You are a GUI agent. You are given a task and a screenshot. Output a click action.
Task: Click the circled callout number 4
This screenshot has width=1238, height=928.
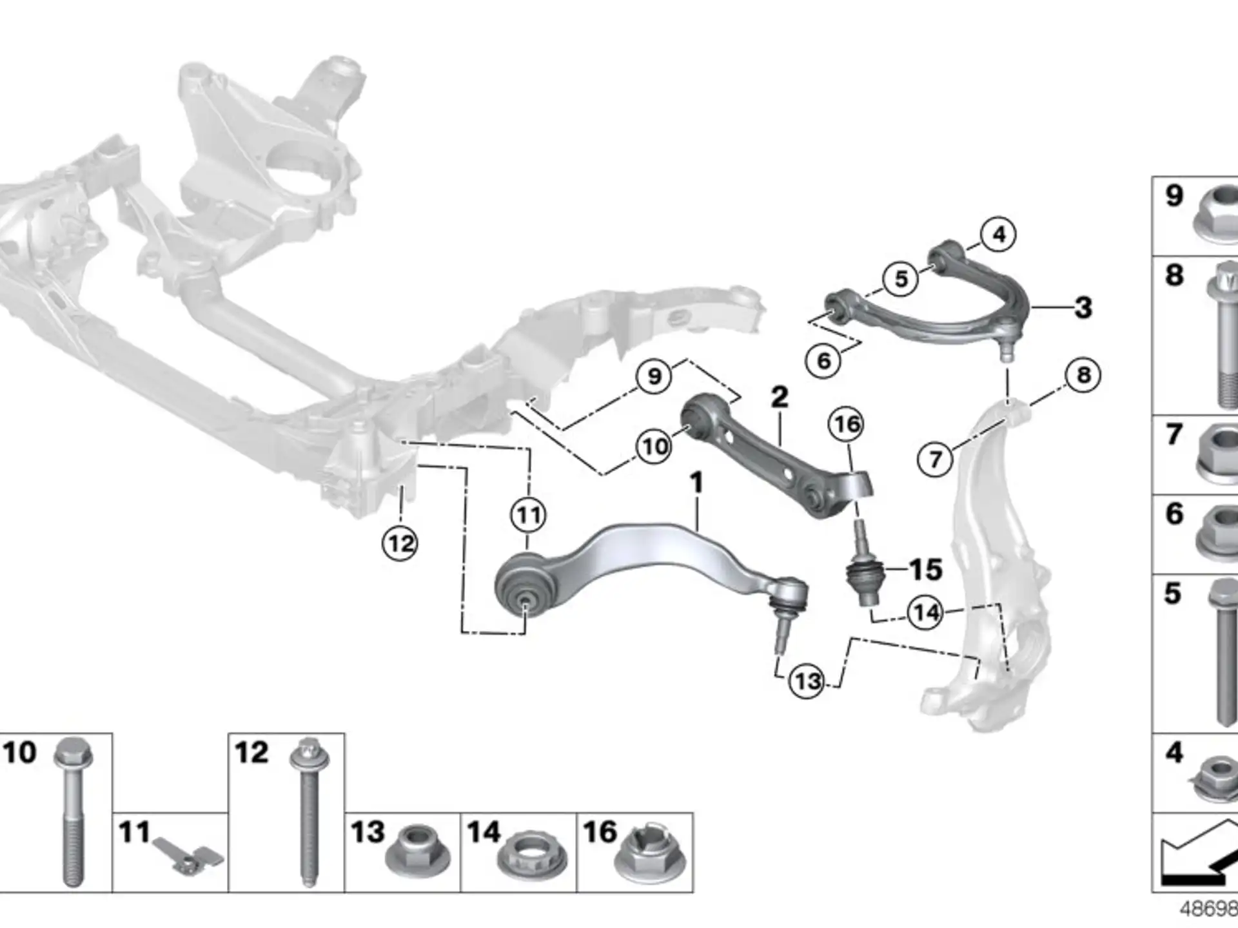tap(998, 234)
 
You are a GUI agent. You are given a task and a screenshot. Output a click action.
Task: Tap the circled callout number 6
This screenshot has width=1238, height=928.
tap(823, 360)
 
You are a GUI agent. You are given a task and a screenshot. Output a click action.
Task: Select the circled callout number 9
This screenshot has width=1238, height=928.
tap(654, 376)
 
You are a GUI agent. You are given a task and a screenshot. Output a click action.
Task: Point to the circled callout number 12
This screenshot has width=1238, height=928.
tap(400, 543)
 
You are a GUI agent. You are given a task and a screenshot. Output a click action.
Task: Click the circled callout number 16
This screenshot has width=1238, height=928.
tap(846, 424)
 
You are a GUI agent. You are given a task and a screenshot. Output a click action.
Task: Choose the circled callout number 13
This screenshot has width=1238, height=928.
tap(807, 681)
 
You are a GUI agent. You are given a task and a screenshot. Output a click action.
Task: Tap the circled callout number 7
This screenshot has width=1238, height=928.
tap(935, 459)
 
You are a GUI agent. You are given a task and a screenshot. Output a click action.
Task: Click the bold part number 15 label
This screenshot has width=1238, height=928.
tap(926, 570)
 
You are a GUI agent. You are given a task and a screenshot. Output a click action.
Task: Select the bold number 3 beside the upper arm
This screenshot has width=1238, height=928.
tap(1083, 307)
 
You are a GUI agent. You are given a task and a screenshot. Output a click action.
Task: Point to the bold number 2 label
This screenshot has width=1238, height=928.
tap(780, 397)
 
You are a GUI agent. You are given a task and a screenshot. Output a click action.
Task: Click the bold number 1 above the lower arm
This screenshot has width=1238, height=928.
tap(696, 483)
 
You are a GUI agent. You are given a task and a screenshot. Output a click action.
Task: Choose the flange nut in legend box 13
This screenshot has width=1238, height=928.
tap(418, 853)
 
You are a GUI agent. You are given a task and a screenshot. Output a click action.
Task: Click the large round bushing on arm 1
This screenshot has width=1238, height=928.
tap(526, 585)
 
